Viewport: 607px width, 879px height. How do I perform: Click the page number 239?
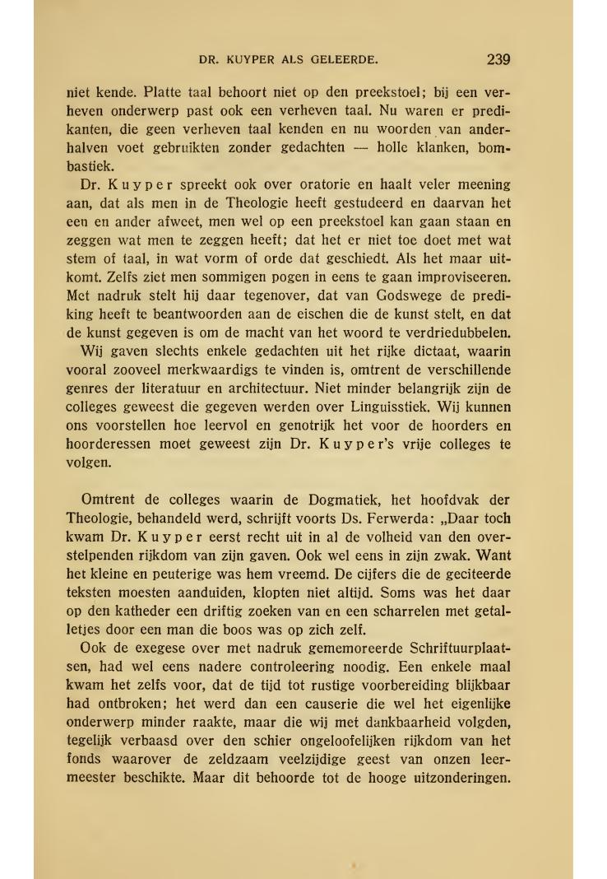[x=498, y=59]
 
